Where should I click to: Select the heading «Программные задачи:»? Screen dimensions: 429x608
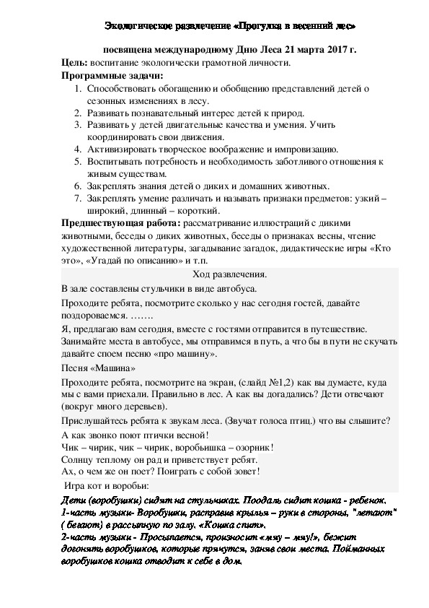click(112, 75)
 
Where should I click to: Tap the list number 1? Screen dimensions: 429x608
click(77, 88)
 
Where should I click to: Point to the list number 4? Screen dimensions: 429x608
click(77, 149)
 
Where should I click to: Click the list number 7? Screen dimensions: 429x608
click(77, 197)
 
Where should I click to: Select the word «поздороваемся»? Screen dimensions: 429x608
click(95, 316)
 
